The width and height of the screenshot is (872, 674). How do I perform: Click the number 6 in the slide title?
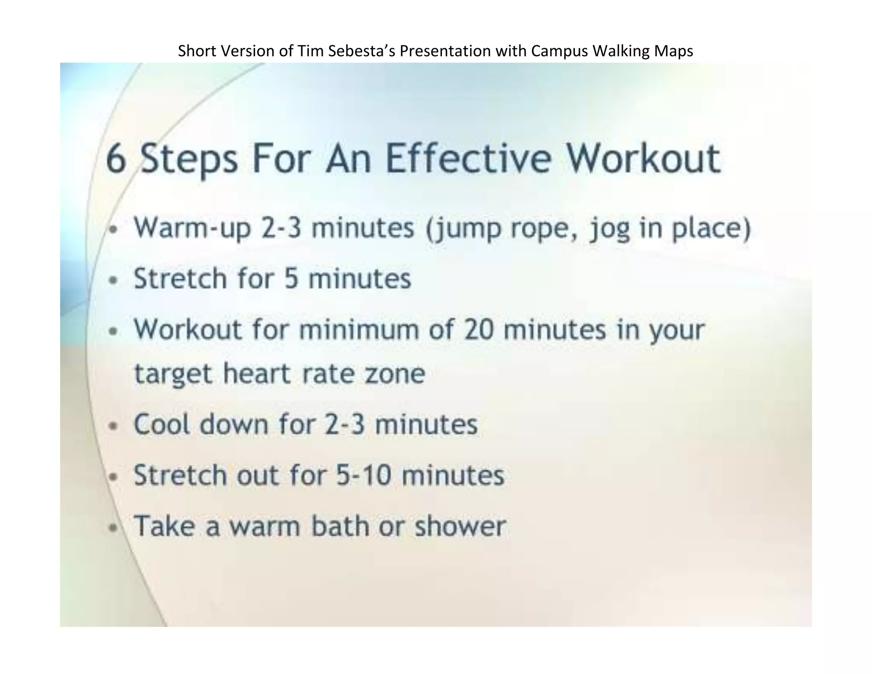pos(116,158)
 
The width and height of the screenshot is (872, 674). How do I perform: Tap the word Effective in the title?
pos(468,158)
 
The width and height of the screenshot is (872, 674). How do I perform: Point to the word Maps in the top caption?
pos(674,51)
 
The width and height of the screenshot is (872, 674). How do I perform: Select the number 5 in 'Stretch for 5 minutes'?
pos(290,279)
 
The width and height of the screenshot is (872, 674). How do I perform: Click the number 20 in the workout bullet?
pos(479,330)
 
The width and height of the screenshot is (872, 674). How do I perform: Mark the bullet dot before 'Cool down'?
pos(113,426)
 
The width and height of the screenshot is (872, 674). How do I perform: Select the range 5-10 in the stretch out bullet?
pos(363,475)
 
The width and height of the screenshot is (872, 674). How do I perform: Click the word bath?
pos(340,526)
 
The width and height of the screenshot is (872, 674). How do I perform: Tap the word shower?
pos(461,526)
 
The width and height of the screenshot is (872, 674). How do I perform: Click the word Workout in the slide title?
pos(644,158)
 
